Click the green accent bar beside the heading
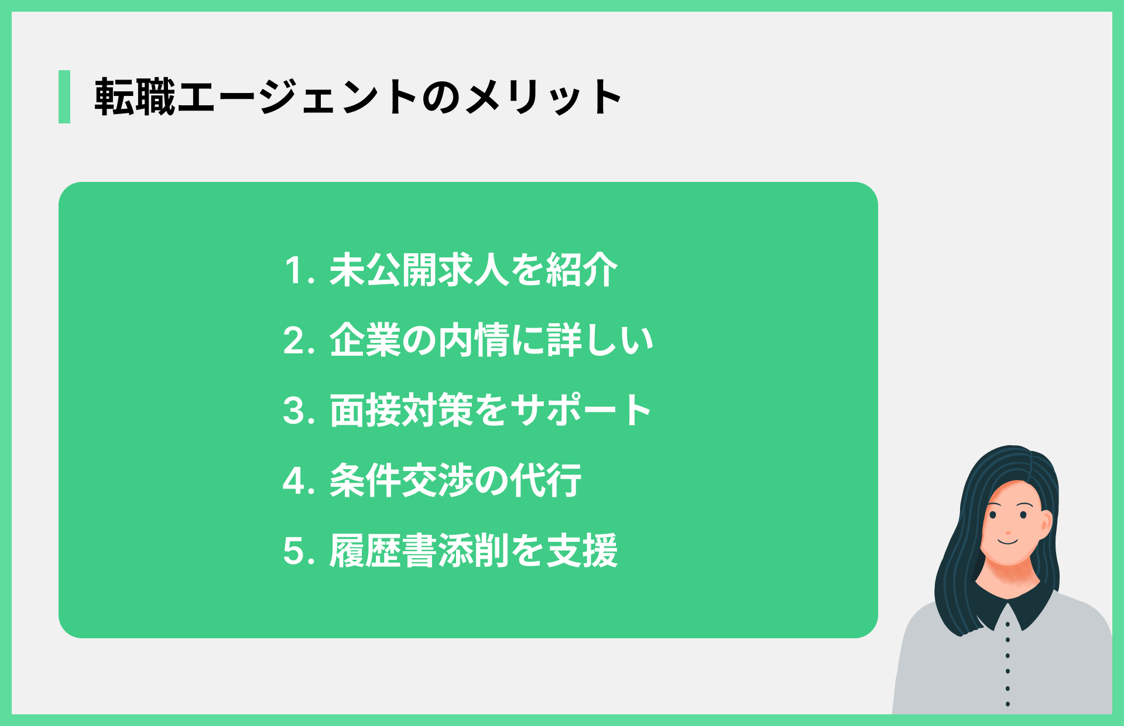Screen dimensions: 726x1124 pos(64,97)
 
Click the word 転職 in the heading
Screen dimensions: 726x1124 pos(135,97)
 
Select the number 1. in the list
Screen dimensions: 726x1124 pos(299,271)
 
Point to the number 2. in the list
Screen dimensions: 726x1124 pos(299,341)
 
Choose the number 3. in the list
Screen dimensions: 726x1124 pos(299,411)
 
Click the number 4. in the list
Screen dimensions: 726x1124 pos(299,481)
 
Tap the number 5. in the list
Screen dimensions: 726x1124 pos(299,552)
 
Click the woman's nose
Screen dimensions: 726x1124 pos(1008,533)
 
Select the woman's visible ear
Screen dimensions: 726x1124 pos(1046,524)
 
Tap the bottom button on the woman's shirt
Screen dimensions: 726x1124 pos(1008,704)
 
